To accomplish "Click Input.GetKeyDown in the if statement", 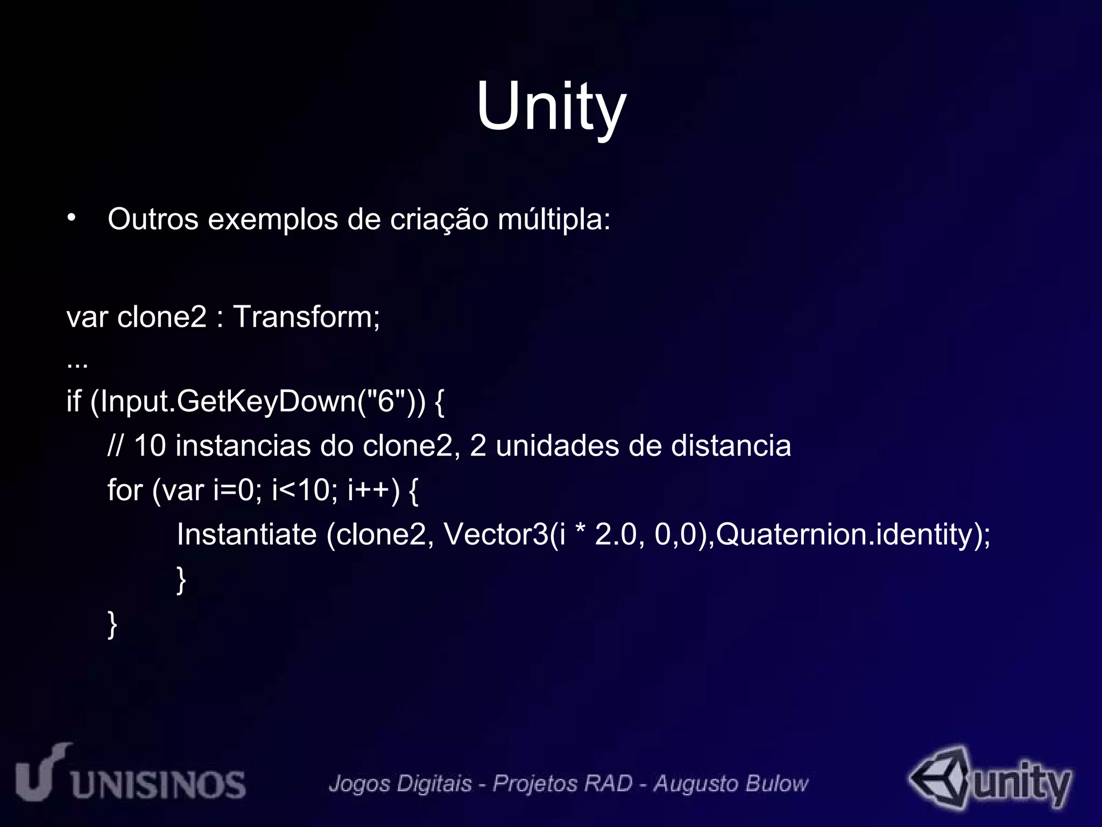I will pos(228,402).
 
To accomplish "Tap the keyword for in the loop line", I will pos(125,490).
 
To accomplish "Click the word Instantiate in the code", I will pos(247,534).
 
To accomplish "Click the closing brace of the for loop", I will pos(181,579).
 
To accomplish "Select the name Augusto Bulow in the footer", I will pos(730,784).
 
